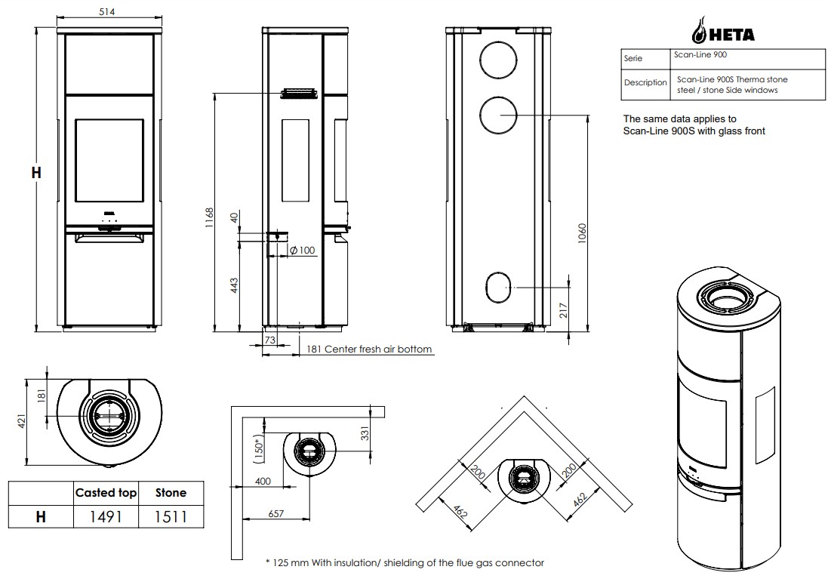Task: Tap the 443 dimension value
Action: coord(234,285)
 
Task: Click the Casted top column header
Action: coord(106,493)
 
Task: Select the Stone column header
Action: coord(170,493)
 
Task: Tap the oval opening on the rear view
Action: coord(497,287)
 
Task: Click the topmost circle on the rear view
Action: coord(498,56)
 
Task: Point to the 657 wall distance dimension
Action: coord(275,513)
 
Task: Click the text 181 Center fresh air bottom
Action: coord(368,349)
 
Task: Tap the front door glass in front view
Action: coord(109,161)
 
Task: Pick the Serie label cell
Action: coord(633,59)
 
